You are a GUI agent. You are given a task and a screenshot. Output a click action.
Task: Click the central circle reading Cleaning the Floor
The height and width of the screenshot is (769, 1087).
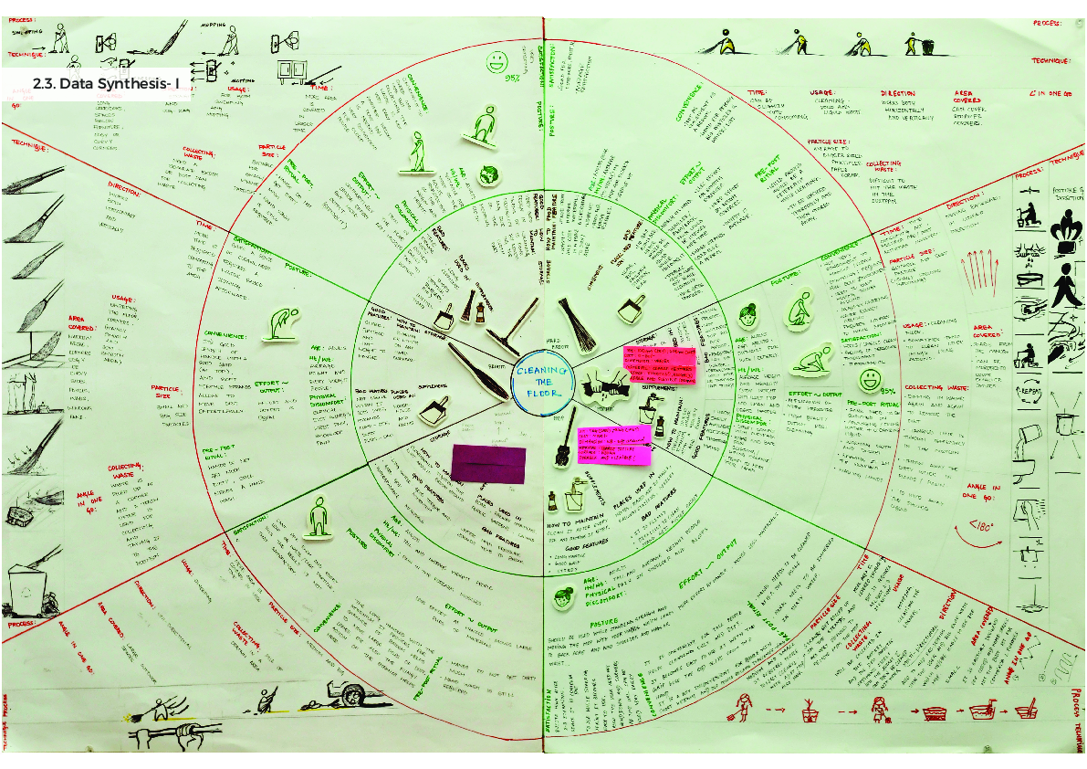click(542, 384)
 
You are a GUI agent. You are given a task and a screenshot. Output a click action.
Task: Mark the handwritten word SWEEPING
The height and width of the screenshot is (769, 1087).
click(24, 30)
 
